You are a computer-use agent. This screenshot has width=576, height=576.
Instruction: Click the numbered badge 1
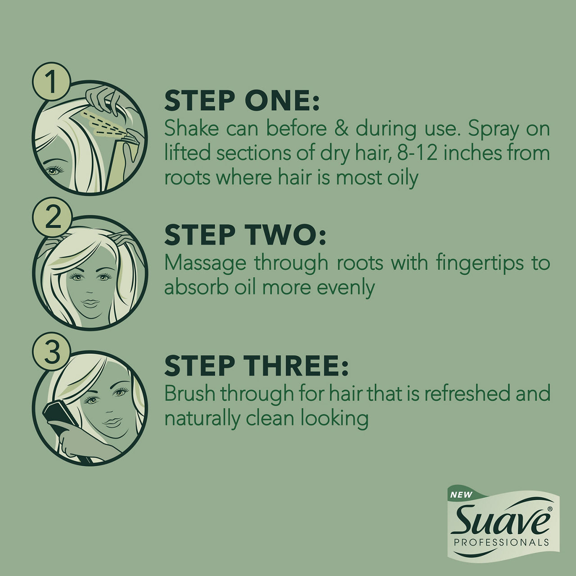point(51,81)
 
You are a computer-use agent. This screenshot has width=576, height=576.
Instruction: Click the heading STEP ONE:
point(242,101)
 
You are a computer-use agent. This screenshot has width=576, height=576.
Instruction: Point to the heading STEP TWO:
point(245,235)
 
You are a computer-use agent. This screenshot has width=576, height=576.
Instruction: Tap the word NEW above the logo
point(461,495)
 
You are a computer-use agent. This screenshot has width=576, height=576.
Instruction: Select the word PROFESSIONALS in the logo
point(501,542)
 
